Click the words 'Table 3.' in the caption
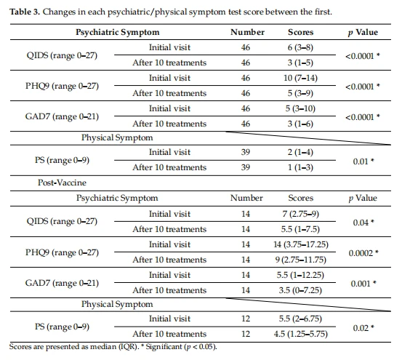point(25,12)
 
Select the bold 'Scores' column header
point(300,32)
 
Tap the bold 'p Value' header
point(363,32)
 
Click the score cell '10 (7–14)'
point(300,78)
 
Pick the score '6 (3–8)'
point(300,47)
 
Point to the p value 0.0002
point(361,253)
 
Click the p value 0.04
point(361,223)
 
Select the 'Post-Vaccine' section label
point(62,183)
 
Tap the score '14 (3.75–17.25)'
point(301,244)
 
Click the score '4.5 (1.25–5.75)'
point(300,334)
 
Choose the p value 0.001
point(361,284)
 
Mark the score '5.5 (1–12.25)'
point(300,275)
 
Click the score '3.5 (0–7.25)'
point(300,290)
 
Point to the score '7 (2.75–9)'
point(300,214)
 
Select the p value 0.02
point(361,328)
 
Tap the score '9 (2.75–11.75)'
point(301,260)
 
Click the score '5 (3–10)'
point(300,108)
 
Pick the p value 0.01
point(361,161)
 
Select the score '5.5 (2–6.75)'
point(300,319)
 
